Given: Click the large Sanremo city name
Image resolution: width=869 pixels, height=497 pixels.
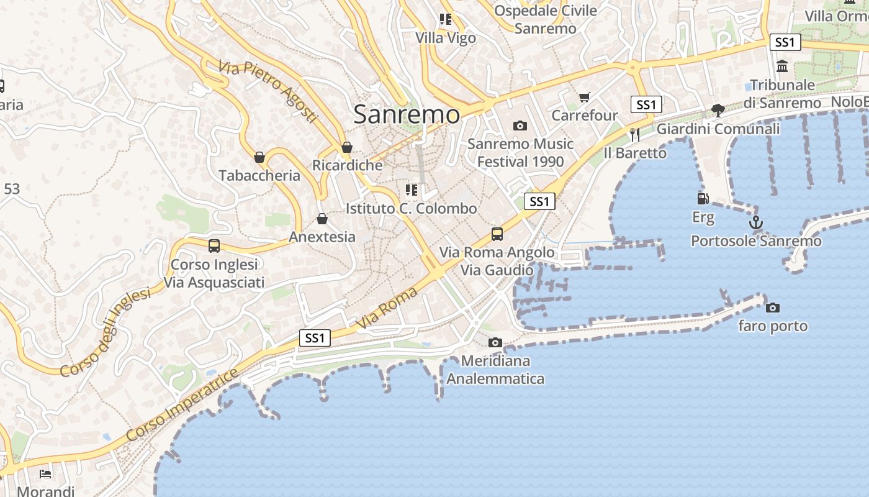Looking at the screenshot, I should click(407, 114).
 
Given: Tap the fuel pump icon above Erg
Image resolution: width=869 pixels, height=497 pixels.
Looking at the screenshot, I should click(703, 199).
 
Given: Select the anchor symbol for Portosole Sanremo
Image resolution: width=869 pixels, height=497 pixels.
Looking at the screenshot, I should click(755, 222).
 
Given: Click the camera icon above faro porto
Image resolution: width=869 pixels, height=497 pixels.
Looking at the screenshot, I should click(773, 308).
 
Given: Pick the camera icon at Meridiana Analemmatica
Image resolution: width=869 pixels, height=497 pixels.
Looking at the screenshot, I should click(495, 342).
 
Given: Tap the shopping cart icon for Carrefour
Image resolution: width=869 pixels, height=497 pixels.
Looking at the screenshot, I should click(584, 97).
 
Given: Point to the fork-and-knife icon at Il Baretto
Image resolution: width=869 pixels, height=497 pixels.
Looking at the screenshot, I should click(634, 134).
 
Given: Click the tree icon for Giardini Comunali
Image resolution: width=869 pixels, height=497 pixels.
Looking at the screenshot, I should click(718, 111).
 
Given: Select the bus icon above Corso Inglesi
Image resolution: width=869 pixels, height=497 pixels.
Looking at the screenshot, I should click(214, 246).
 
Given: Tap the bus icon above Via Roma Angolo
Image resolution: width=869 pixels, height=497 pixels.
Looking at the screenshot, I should click(497, 234).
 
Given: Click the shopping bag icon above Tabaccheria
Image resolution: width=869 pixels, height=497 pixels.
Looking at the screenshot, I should click(259, 157).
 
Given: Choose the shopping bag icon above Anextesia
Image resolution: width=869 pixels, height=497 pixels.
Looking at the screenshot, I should click(322, 219).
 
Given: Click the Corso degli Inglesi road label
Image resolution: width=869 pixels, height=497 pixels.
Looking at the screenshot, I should click(106, 332).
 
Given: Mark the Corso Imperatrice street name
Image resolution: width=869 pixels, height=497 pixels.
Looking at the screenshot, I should click(182, 405).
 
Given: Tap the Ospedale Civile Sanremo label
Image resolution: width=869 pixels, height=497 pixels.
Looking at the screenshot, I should click(546, 19).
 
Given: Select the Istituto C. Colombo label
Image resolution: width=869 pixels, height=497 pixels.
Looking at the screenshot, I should click(412, 209).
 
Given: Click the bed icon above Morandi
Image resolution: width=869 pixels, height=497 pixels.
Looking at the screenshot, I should click(45, 473).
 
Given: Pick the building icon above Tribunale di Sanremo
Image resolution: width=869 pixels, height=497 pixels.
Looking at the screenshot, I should click(782, 66).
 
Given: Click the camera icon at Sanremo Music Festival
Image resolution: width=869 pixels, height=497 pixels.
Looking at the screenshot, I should click(520, 125).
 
